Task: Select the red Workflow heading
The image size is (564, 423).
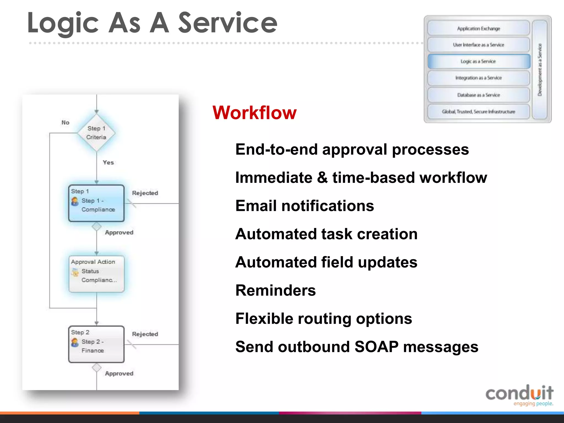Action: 254,113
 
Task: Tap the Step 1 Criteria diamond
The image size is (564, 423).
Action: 96,133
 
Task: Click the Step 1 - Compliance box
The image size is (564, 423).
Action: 96,203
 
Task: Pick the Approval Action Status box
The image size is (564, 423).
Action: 96,274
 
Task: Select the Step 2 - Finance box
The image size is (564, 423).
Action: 96,344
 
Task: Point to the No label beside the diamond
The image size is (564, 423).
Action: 65,123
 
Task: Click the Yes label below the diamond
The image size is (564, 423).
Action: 108,162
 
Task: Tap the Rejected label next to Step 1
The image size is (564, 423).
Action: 145,193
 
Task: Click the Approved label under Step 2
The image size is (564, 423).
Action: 119,373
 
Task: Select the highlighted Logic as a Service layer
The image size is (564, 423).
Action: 479,61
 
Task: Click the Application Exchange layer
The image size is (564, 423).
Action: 479,28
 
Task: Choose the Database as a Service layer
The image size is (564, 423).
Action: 479,95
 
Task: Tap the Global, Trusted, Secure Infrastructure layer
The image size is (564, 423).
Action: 479,112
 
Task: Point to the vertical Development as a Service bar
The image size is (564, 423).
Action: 539,69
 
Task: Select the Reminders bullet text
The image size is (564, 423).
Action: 275,291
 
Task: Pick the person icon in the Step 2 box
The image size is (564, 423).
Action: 75,342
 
